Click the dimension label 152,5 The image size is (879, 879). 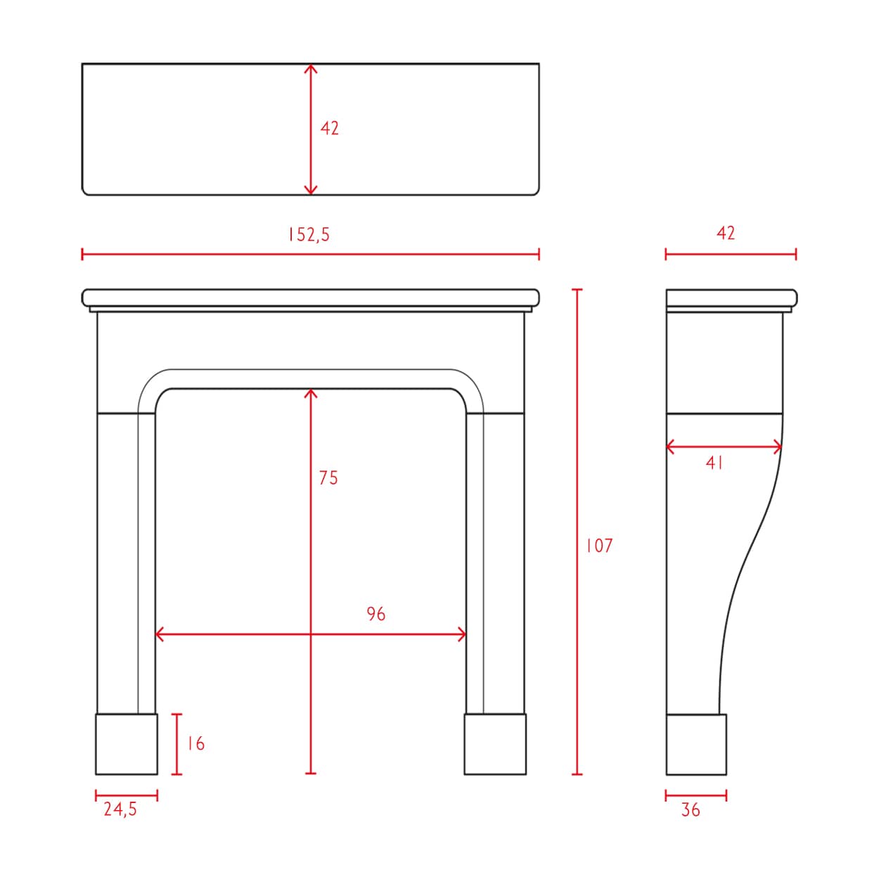pos(309,234)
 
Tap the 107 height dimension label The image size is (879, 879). pos(599,546)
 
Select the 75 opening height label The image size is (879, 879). pos(328,477)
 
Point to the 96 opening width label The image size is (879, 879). pos(376,614)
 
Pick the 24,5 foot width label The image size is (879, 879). pos(120,809)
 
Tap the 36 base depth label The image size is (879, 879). pos(690,809)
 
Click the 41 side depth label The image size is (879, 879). pos(714,463)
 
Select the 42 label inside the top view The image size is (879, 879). pos(329,129)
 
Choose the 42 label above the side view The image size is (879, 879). pos(726,233)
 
